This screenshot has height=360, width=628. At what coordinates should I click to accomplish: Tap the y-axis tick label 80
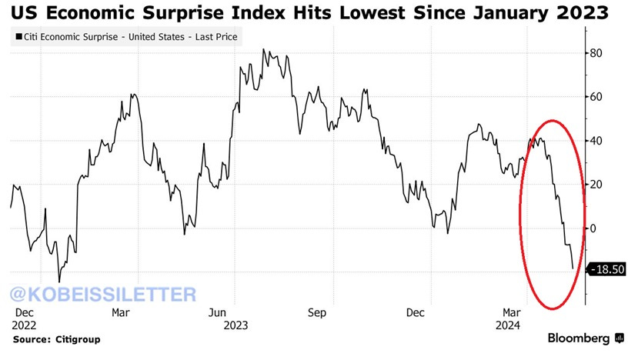point(596,53)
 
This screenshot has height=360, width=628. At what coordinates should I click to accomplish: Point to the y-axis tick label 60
point(596,97)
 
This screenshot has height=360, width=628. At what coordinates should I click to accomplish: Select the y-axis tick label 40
point(596,141)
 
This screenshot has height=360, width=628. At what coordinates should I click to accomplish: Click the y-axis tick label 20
point(596,185)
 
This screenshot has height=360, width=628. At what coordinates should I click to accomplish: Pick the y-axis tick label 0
point(593,228)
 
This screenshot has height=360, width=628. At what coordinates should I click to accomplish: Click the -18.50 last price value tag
point(606,269)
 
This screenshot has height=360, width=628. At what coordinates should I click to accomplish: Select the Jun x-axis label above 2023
point(218,313)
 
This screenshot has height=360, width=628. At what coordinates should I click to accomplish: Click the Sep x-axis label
point(317,313)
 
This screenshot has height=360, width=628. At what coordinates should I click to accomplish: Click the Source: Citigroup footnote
point(56,338)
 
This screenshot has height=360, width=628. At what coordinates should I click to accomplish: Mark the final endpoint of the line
point(573,268)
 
